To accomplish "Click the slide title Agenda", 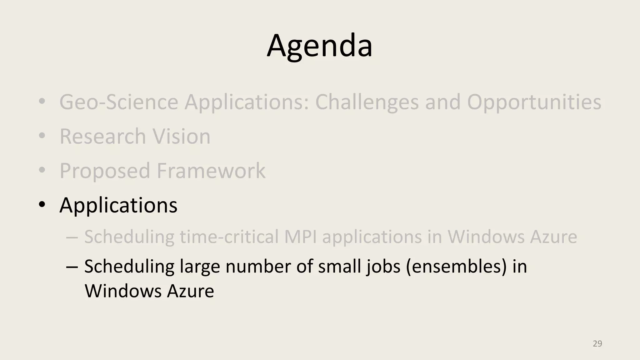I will click(319, 46).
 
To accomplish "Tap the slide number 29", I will click(597, 344).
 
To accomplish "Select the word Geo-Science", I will click(118, 102).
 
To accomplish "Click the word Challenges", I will click(367, 102).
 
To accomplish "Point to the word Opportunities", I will click(534, 102).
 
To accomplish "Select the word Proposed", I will click(105, 171).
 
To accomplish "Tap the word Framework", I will click(211, 171).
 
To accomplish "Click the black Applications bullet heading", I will click(118, 205).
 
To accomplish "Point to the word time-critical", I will click(229, 237).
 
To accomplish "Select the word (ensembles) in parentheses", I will click(456, 267).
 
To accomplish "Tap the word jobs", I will click(383, 267).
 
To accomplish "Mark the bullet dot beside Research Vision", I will click(42, 136).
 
